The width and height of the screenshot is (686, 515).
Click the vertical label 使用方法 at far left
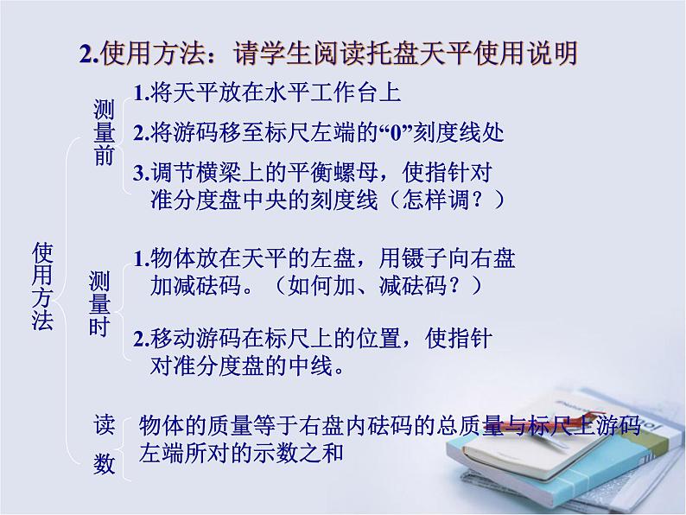(x=42, y=286)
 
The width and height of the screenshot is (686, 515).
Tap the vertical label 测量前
(x=103, y=132)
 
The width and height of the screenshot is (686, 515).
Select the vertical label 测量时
(x=99, y=304)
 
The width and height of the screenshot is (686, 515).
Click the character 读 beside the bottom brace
(x=104, y=423)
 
